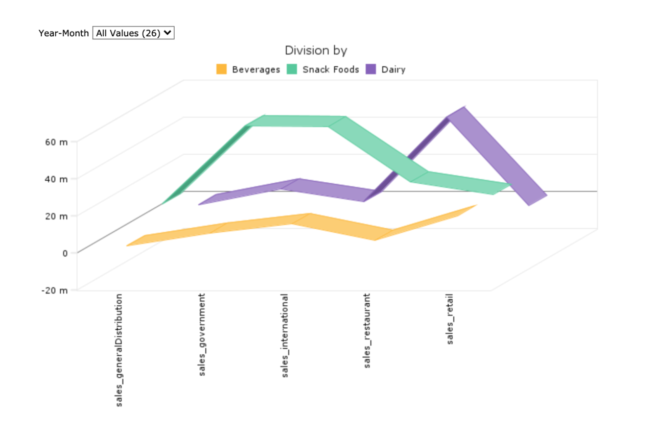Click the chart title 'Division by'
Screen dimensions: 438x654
[x=316, y=51]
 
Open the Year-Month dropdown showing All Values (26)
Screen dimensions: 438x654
[x=133, y=33]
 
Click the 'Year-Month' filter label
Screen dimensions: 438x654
[x=63, y=33]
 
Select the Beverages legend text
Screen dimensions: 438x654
[x=256, y=69]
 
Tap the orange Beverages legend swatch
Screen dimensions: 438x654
[x=221, y=69]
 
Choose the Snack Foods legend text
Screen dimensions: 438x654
[x=331, y=69]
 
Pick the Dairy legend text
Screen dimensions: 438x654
[x=393, y=69]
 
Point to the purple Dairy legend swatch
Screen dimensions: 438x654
[x=371, y=69]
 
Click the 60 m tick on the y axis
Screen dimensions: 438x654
[x=56, y=142]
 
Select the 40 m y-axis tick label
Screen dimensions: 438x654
[x=56, y=179]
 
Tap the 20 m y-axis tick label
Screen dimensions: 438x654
[x=56, y=216]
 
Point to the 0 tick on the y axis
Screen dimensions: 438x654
[x=64, y=253]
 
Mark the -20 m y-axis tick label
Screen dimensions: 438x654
[x=55, y=290]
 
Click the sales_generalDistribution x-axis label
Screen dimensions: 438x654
[x=119, y=350]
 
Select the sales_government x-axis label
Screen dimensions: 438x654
[x=202, y=335]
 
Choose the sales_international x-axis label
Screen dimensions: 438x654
[x=285, y=335]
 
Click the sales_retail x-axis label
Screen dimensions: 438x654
[x=450, y=319]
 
